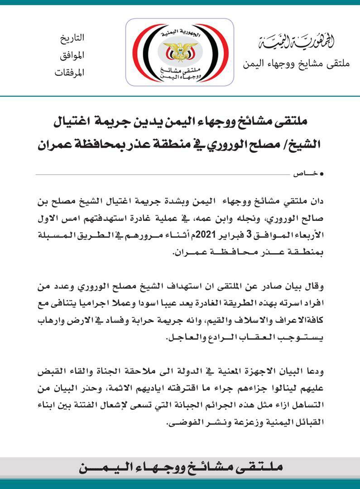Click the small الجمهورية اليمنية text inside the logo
coord(180,33)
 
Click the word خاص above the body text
coord(304,174)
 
